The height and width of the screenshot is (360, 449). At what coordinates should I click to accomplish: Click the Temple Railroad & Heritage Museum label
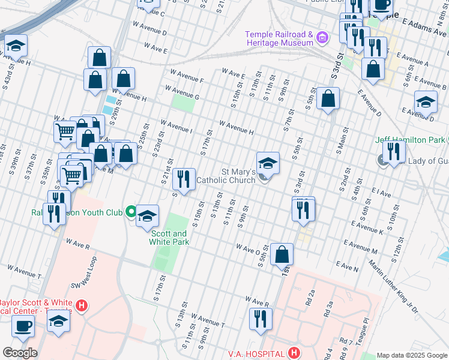click(279, 38)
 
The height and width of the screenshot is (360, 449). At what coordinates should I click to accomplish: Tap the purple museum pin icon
click(322, 38)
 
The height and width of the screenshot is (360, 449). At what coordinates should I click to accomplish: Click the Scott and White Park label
click(170, 238)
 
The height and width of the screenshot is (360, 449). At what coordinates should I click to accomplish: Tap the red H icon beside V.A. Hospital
click(294, 352)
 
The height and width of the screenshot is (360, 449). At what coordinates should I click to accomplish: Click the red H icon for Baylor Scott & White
click(82, 305)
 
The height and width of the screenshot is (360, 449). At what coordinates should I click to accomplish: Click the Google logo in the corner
click(20, 352)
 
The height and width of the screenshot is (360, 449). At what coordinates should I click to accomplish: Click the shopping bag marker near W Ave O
click(282, 254)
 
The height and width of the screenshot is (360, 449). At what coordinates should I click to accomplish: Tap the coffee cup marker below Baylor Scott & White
click(23, 326)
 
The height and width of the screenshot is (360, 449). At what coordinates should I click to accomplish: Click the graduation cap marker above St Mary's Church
click(268, 163)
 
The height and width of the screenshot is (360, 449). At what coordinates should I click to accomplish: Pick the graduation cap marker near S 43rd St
click(16, 45)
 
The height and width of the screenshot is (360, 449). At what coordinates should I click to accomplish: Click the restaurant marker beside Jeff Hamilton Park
click(394, 152)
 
